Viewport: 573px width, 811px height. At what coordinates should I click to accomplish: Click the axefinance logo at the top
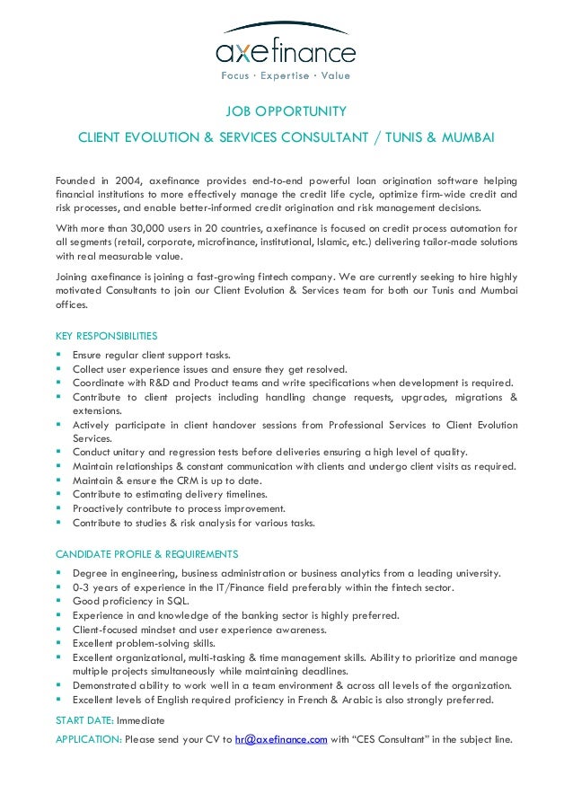286,47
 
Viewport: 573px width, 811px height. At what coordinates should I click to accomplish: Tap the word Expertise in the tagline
286,75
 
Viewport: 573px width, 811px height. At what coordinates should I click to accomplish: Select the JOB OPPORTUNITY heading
286,112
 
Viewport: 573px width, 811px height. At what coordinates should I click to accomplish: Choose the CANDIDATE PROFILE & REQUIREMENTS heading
146,553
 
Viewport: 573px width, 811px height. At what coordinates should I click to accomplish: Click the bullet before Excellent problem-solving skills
59,644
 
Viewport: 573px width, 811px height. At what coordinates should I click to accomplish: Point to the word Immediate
140,720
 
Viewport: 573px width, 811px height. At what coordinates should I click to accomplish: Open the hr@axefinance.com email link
280,740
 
